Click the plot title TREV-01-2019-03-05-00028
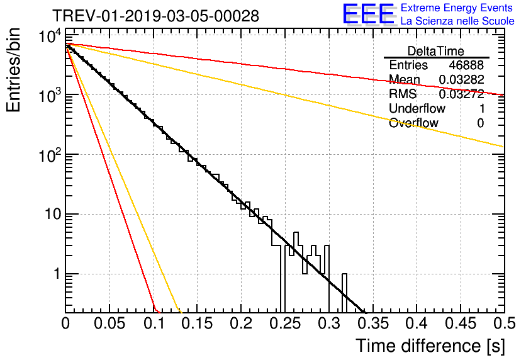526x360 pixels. (x=156, y=16)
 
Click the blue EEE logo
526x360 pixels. (x=368, y=14)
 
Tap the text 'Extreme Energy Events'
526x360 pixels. (x=457, y=8)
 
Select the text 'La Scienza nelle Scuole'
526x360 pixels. (x=457, y=21)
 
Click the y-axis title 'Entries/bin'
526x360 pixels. (x=14, y=70)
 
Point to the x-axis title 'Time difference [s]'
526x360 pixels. (x=430, y=346)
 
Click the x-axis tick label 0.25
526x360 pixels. (x=285, y=323)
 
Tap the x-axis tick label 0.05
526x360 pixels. (x=109, y=323)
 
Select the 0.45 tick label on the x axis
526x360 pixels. (x=461, y=323)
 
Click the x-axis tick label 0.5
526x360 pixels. (x=505, y=323)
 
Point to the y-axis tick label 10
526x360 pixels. (x=53, y=214)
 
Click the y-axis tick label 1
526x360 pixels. (x=57, y=274)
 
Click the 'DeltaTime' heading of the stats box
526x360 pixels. (x=436, y=51)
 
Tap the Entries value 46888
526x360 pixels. (x=466, y=65)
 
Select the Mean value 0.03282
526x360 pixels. (x=462, y=79)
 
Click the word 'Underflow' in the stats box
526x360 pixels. (x=417, y=108)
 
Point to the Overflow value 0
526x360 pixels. (x=480, y=123)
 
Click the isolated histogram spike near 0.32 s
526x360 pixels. (x=344, y=293)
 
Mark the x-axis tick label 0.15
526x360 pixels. (x=198, y=323)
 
